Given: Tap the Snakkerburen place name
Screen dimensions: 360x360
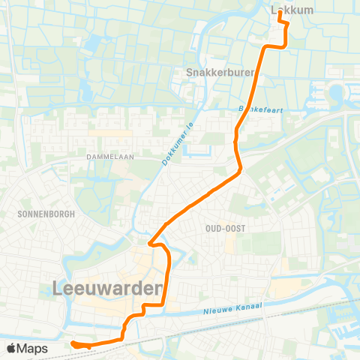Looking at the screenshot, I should pos(220,73).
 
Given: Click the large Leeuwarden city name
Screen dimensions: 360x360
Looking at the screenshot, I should pos(109,288).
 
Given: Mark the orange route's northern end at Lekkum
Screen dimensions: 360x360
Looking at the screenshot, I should pos(280,11).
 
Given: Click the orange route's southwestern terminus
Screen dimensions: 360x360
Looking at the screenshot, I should pos(73,343).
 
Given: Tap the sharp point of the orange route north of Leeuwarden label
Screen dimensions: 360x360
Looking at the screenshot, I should pos(149,243).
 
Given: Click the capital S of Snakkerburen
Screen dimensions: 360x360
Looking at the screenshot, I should pos(189,73).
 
